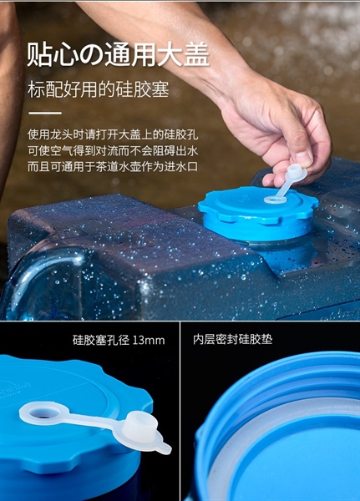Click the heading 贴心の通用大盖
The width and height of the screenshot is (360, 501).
[x=118, y=54]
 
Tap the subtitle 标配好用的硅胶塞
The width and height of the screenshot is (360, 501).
[x=99, y=89]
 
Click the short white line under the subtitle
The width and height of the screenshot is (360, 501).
[x=45, y=113]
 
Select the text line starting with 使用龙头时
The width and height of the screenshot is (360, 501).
[x=113, y=134]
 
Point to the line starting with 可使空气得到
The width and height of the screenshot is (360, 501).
[x=113, y=151]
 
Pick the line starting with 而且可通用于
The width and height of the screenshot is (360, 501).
[x=113, y=167]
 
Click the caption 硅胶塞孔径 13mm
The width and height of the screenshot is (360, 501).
[x=119, y=340]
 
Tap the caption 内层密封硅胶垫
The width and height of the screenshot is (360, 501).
[x=233, y=339]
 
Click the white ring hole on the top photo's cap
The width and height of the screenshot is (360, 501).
[x=275, y=200]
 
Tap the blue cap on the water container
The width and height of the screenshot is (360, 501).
[x=258, y=212]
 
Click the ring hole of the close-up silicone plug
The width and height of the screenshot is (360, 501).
[x=42, y=412]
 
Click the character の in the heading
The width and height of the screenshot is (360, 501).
[x=91, y=55]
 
